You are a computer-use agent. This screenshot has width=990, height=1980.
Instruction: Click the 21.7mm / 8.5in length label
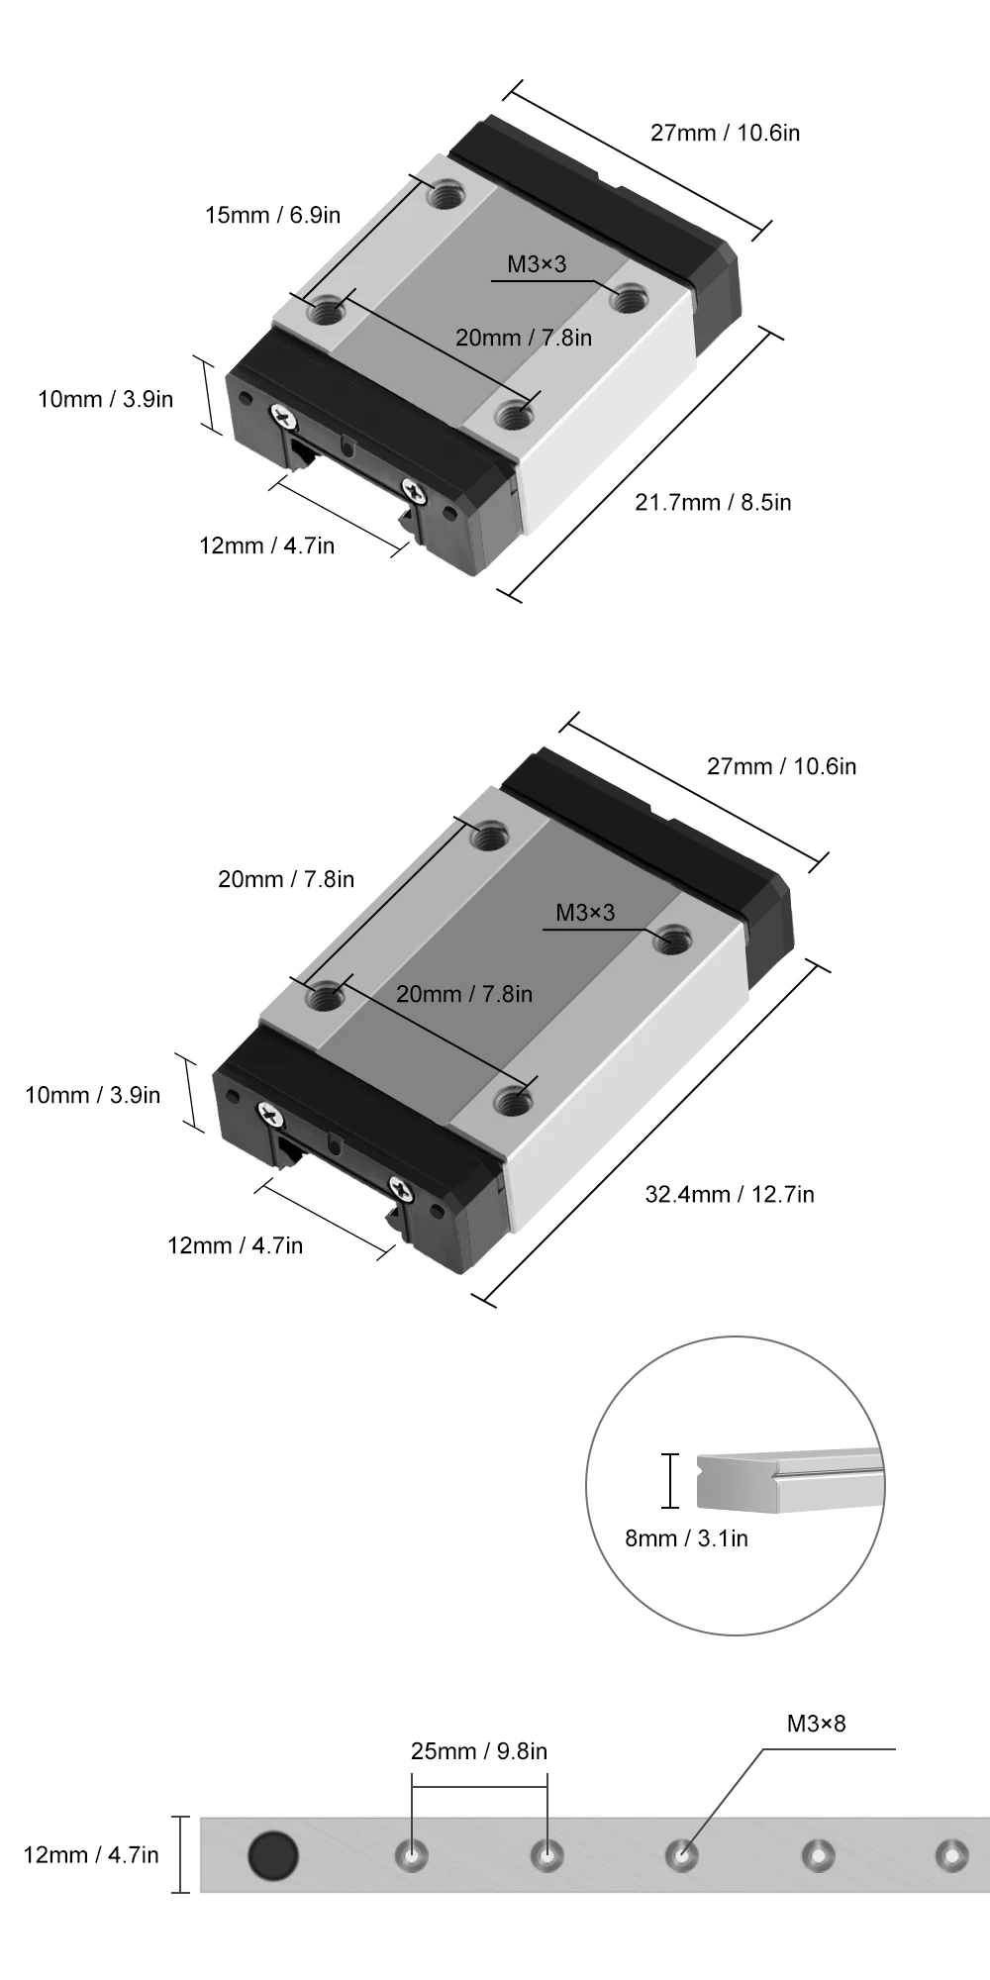pyautogui.click(x=713, y=502)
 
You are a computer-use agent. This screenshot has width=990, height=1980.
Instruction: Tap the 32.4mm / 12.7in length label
pyautogui.click(x=730, y=1194)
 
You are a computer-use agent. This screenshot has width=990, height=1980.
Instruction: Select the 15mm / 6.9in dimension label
pyautogui.click(x=272, y=215)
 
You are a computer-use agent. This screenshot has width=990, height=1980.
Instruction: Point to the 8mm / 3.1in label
pyautogui.click(x=686, y=1537)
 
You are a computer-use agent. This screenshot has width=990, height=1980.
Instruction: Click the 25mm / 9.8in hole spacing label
pyautogui.click(x=479, y=1751)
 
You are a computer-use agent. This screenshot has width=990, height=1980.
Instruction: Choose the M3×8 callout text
pyautogui.click(x=817, y=1724)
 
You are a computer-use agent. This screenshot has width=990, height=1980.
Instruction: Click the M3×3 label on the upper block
pyautogui.click(x=537, y=263)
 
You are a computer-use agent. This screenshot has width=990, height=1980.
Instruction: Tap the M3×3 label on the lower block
pyautogui.click(x=585, y=912)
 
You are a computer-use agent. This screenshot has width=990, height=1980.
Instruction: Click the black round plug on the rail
pyautogui.click(x=272, y=1854)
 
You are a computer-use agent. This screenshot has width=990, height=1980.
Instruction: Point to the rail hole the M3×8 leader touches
pyautogui.click(x=681, y=1854)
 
